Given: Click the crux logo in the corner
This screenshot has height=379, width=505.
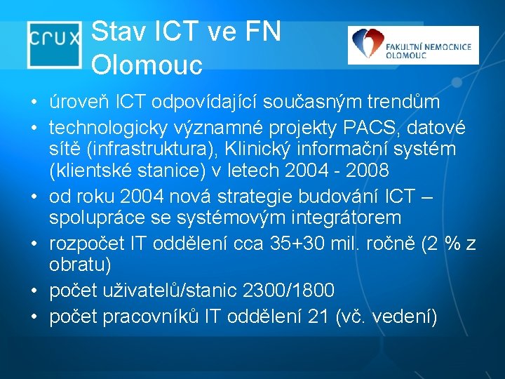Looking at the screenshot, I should (x=53, y=44).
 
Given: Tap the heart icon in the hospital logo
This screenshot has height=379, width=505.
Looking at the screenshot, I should (x=365, y=46).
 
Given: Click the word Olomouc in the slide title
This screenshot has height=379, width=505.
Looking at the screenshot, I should (x=147, y=65).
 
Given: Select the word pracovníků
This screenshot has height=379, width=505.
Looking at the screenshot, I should (x=142, y=317).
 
